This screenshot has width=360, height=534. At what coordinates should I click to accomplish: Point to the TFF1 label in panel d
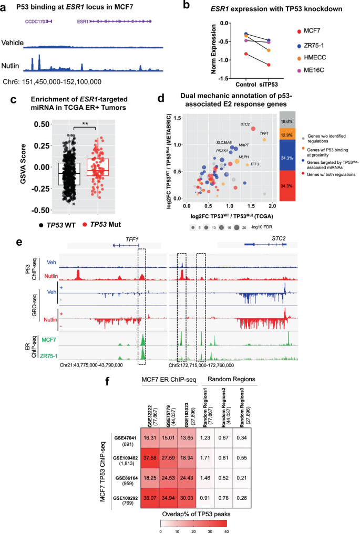pos(264,134)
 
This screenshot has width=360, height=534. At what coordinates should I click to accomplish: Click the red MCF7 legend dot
pos(300,33)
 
